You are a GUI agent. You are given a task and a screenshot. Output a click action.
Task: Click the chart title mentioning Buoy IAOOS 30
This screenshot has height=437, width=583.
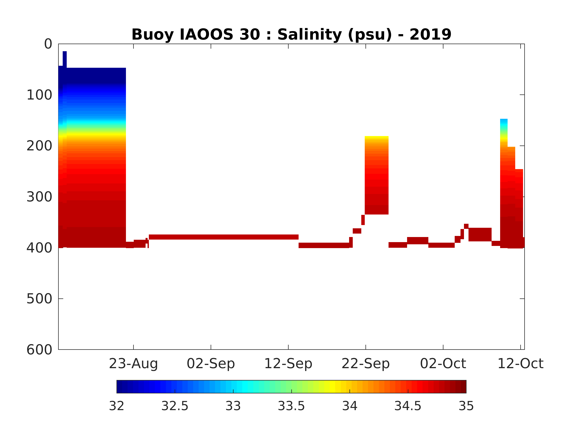291,35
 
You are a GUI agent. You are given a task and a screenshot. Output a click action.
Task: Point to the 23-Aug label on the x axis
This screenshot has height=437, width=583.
133,364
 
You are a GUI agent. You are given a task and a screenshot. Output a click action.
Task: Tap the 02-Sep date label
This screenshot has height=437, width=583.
211,364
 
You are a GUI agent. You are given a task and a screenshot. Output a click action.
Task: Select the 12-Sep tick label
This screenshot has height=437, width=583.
288,364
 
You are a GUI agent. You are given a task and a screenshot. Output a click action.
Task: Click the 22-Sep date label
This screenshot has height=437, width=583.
366,364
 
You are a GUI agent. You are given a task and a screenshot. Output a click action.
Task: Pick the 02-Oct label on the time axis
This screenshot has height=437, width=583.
443,364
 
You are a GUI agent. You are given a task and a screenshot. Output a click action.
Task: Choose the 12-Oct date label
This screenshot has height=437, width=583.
520,364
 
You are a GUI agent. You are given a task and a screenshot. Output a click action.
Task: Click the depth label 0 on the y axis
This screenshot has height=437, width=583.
48,44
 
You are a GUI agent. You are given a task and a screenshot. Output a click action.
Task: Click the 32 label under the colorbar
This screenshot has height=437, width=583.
116,406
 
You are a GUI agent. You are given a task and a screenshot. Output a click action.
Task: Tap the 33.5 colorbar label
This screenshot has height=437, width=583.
291,406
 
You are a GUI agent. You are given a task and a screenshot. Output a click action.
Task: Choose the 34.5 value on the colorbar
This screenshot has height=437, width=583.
408,406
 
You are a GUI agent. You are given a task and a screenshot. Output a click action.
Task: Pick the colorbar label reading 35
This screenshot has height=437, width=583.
466,406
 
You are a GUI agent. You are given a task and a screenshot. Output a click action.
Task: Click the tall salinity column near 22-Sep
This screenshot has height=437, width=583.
376,175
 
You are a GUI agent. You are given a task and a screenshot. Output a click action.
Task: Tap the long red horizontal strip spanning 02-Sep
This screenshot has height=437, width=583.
224,237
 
